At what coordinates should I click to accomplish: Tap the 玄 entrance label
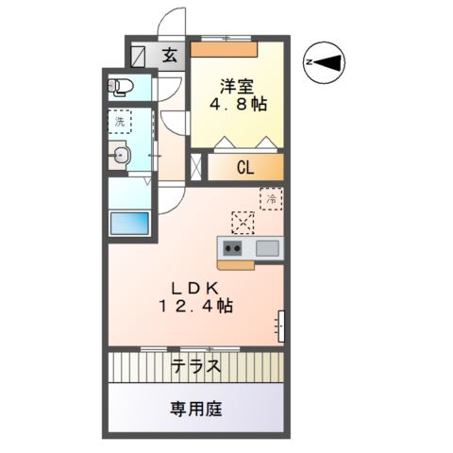coord(168,54)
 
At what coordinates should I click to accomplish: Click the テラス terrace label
coord(196,366)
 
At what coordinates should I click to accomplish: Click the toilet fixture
coord(122,87)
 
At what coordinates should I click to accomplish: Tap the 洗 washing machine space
coord(120,121)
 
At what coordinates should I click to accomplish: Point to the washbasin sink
coord(121,157)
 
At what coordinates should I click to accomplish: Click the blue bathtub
coord(129,225)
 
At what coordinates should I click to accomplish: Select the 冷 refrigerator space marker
coord(270,199)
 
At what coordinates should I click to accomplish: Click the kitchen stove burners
coord(233,248)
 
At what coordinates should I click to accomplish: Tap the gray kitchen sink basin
coord(266,248)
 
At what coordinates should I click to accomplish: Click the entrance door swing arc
coord(170,21)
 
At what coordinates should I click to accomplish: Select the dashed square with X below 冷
coord(243,223)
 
